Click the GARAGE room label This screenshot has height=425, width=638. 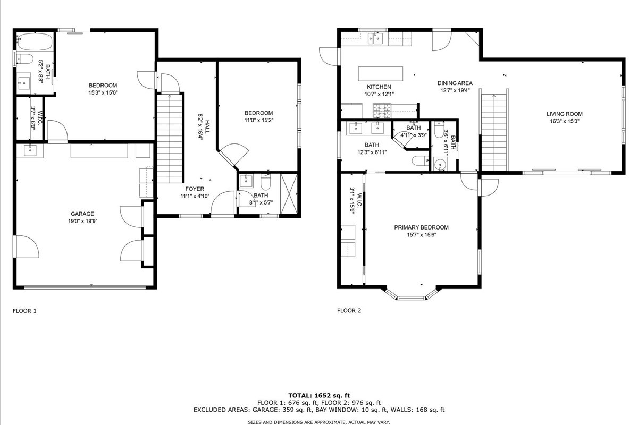pos(82,214)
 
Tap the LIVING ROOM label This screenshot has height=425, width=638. pos(564,114)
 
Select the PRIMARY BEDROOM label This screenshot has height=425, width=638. pos(421,227)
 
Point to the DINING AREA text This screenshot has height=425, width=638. pos(455,83)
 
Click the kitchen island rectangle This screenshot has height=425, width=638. pos(381,74)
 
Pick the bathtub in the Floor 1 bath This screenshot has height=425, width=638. pos(35,42)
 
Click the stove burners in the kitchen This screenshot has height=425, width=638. pos(382,111)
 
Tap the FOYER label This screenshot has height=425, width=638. pos(195,189)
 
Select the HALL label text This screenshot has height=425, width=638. pos(207,127)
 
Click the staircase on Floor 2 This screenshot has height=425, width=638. pos(494,132)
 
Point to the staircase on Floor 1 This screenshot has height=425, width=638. pos(170,138)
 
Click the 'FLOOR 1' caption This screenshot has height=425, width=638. pos(24,311)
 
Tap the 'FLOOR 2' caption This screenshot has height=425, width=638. pos(349,311)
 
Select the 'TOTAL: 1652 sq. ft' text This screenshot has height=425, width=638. pos(319,395)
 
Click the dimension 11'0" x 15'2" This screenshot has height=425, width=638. pos(258,120)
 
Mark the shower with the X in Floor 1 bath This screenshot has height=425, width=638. pos(289,194)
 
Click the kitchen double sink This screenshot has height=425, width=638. pos(375,38)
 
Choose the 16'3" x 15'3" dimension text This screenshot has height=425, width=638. pos(565,121)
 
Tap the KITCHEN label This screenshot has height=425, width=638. pos(379,87)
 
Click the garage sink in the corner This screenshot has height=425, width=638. pos(30,150)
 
